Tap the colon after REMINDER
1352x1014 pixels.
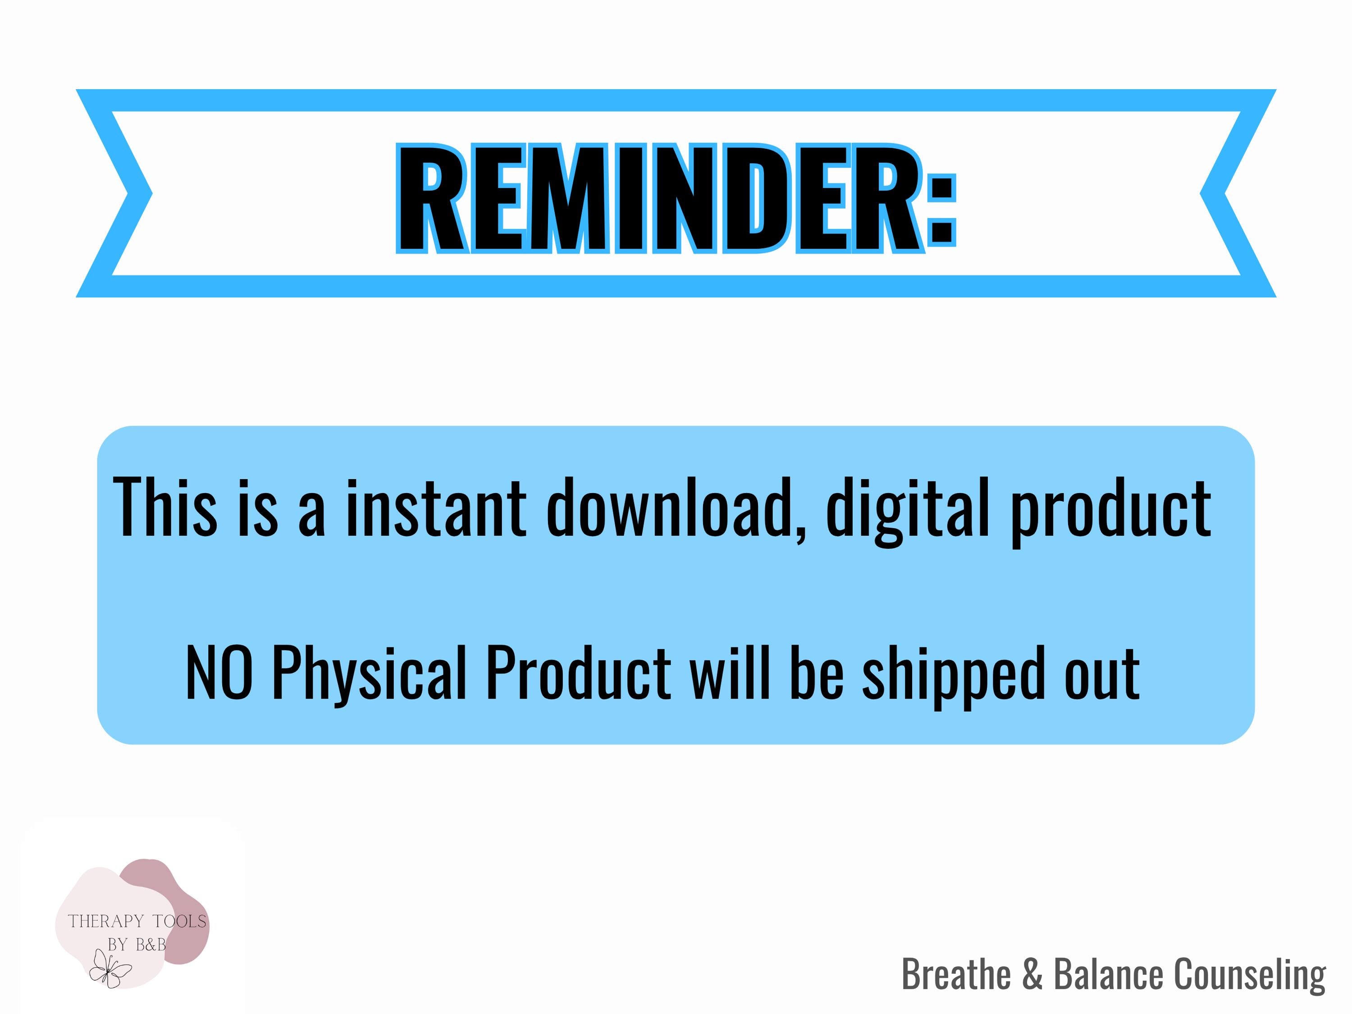pyautogui.click(x=941, y=210)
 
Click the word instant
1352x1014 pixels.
pyautogui.click(x=436, y=508)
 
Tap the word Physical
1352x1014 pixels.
pyautogui.click(x=370, y=676)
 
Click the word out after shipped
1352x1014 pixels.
pyautogui.click(x=1102, y=676)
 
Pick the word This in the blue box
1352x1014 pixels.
pyautogui.click(x=165, y=508)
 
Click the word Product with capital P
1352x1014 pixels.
pyautogui.click(x=579, y=672)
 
